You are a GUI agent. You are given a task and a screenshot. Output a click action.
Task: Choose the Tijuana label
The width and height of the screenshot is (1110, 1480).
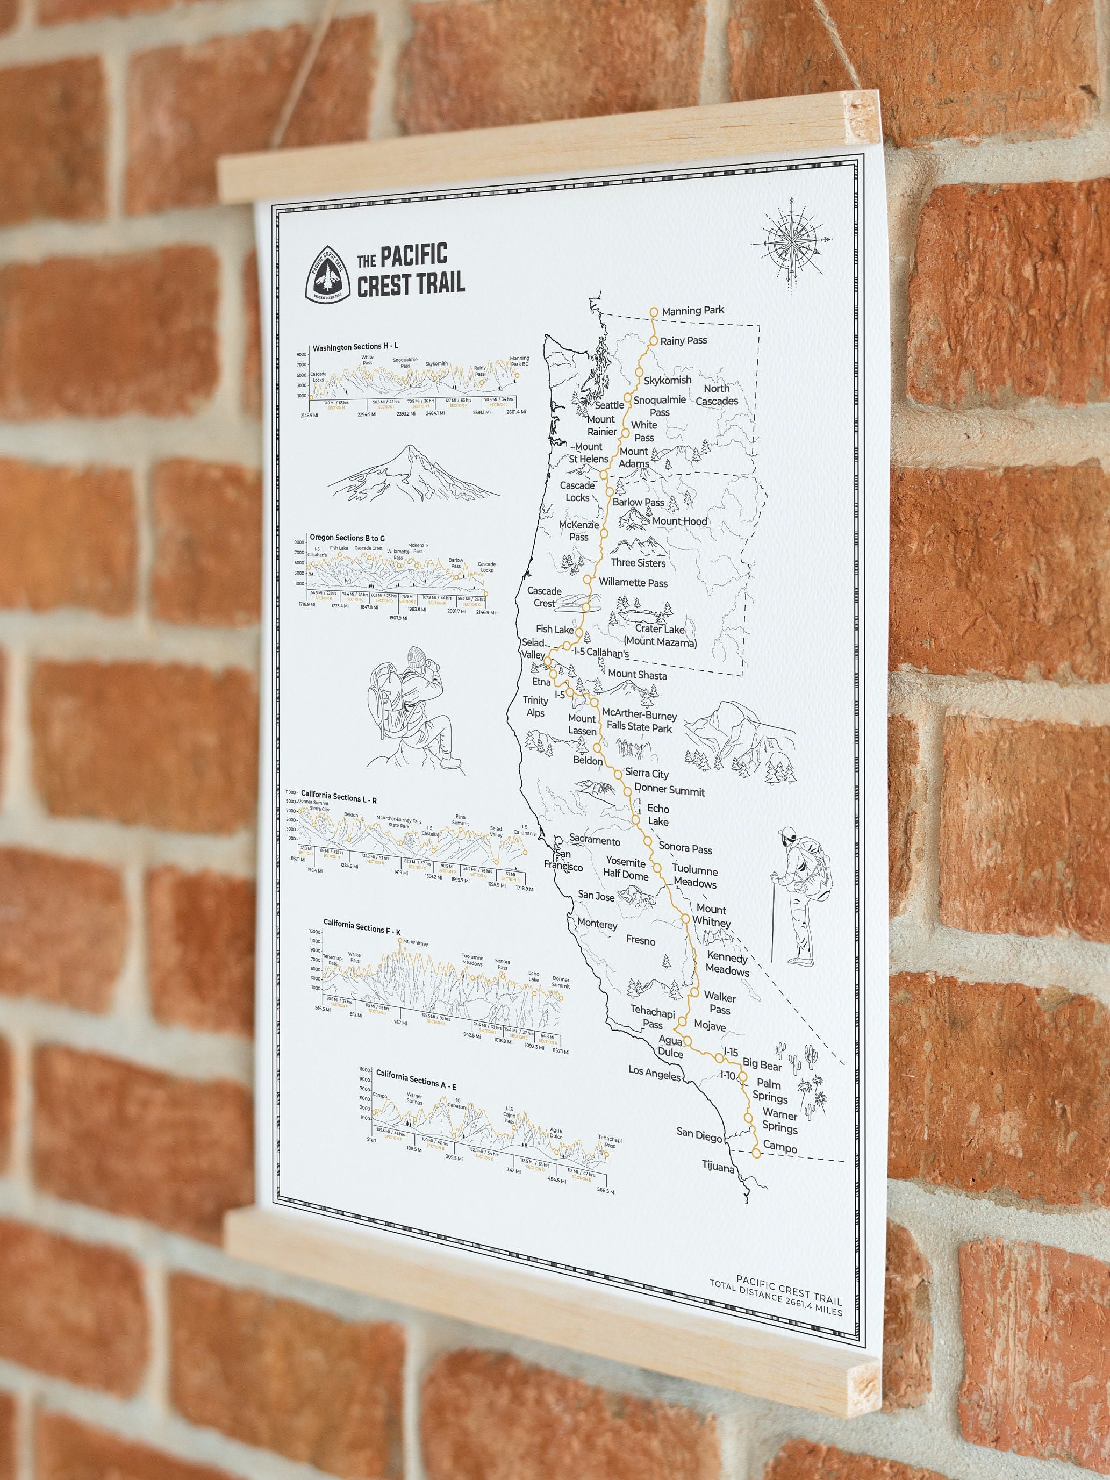tap(718, 1168)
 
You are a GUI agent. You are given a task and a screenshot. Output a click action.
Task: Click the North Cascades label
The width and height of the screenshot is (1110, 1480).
tap(717, 395)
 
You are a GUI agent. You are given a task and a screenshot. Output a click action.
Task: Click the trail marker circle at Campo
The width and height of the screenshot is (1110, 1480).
tap(756, 1153)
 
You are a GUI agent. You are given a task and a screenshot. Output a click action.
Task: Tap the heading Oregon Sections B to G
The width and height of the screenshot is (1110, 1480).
tap(347, 537)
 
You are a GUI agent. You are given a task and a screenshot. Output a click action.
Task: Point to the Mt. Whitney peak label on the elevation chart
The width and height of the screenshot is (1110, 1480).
tap(413, 944)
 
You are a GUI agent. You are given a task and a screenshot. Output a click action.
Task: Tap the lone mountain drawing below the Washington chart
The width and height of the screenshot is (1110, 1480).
tap(413, 476)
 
